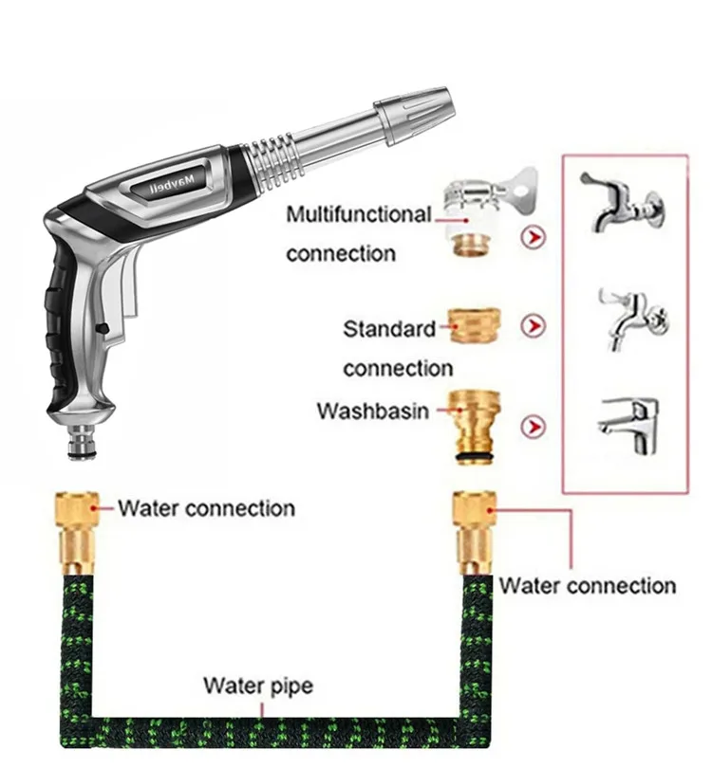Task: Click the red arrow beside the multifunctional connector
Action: [535, 237]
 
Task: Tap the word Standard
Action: [388, 329]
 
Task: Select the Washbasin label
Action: [373, 411]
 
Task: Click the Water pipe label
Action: [257, 685]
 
